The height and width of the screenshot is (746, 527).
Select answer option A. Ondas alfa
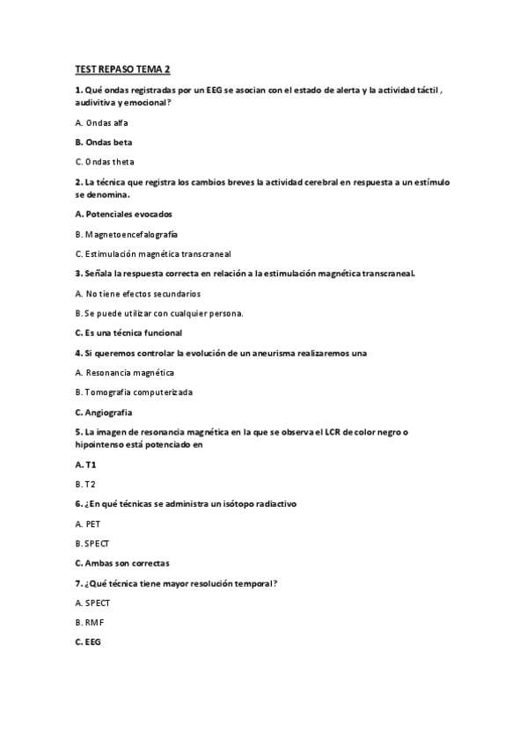(101, 122)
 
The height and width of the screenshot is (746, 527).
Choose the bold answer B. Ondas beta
(104, 142)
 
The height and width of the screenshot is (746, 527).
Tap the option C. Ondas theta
(105, 161)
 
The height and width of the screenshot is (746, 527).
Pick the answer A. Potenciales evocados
(124, 214)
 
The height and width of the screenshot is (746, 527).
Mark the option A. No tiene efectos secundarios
(138, 293)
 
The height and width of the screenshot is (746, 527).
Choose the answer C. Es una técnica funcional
(128, 333)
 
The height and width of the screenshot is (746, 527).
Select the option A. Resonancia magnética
(123, 372)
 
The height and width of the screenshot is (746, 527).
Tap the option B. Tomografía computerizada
(134, 391)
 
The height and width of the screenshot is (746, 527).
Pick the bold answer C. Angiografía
(110, 412)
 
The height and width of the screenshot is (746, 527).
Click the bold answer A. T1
(85, 464)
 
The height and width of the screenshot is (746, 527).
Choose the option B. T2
(85, 484)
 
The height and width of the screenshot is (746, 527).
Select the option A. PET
(88, 523)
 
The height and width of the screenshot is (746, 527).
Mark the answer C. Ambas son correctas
(122, 562)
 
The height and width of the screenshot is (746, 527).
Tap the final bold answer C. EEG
(88, 642)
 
